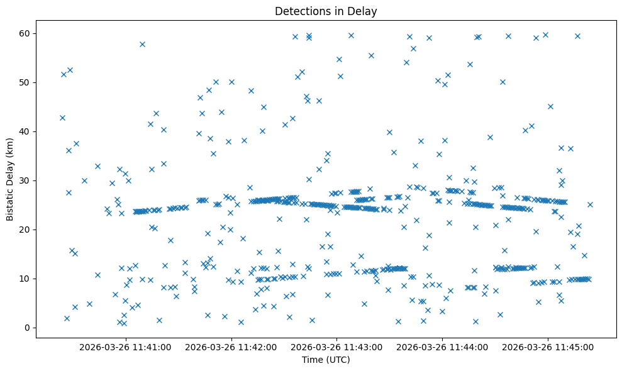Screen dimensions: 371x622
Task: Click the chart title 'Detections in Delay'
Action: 326,11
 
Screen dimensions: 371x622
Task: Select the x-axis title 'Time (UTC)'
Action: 326,360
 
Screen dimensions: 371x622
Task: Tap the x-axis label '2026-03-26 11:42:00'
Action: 231,346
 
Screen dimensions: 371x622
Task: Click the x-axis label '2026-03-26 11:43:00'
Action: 336,346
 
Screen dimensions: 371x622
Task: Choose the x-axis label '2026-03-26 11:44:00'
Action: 442,346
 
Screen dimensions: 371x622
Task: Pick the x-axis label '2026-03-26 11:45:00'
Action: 548,346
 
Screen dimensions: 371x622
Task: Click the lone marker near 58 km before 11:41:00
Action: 142,44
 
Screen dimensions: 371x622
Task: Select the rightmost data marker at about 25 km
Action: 590,204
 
